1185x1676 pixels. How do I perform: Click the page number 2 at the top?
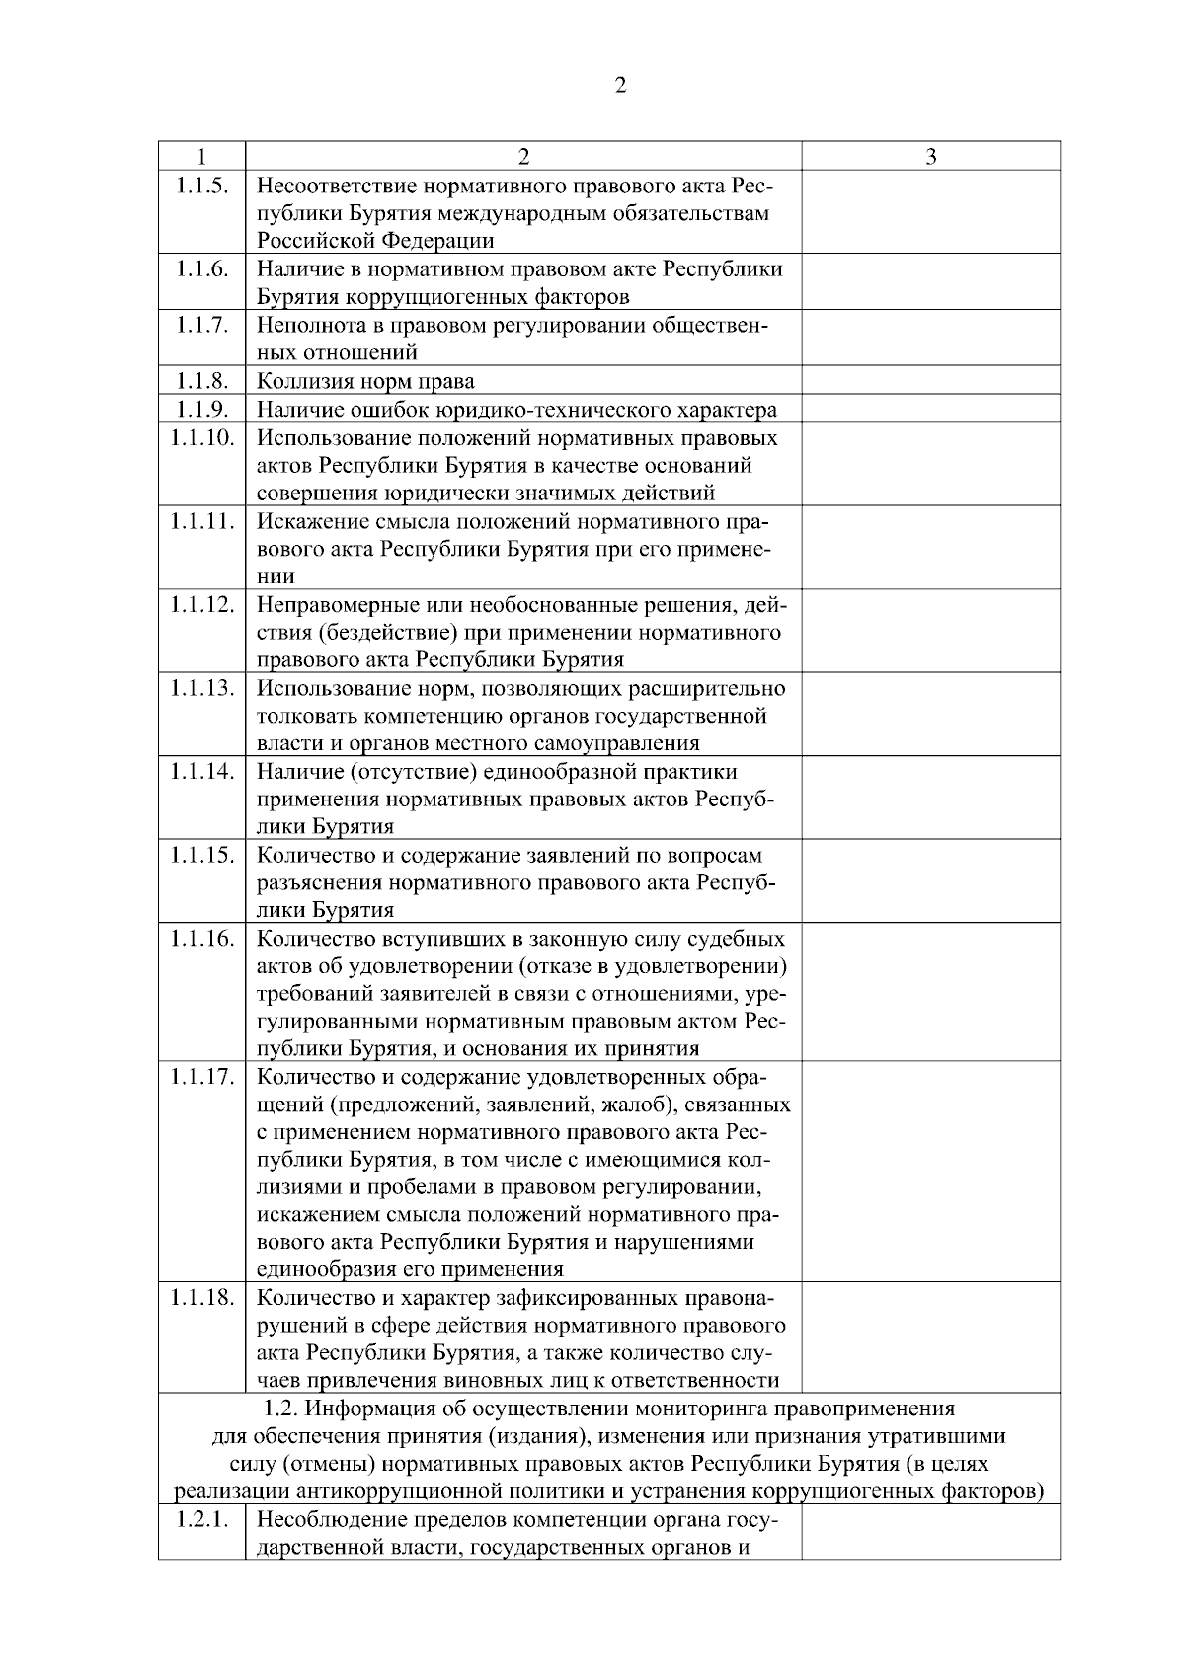pos(620,86)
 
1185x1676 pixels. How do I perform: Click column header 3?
pos(930,157)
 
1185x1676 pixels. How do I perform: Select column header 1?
pos(201,157)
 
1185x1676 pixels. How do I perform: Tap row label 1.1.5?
pos(201,186)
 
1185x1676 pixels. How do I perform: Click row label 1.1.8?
pos(201,381)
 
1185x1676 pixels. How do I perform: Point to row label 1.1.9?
pos(201,409)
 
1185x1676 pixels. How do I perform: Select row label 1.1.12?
pos(201,604)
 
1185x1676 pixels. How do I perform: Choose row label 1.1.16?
pos(201,938)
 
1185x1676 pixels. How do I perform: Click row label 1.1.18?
pos(201,1298)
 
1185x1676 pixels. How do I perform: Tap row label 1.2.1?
pos(201,1519)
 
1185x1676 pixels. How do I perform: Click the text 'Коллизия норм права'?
pos(365,382)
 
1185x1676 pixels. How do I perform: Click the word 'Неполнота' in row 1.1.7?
pos(305,326)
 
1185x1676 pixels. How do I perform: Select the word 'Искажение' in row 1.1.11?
pos(305,521)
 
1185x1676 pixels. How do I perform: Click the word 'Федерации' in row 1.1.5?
pos(441,241)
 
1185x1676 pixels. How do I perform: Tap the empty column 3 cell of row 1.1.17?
pos(930,1171)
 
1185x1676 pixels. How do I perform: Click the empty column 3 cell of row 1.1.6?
pos(930,282)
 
